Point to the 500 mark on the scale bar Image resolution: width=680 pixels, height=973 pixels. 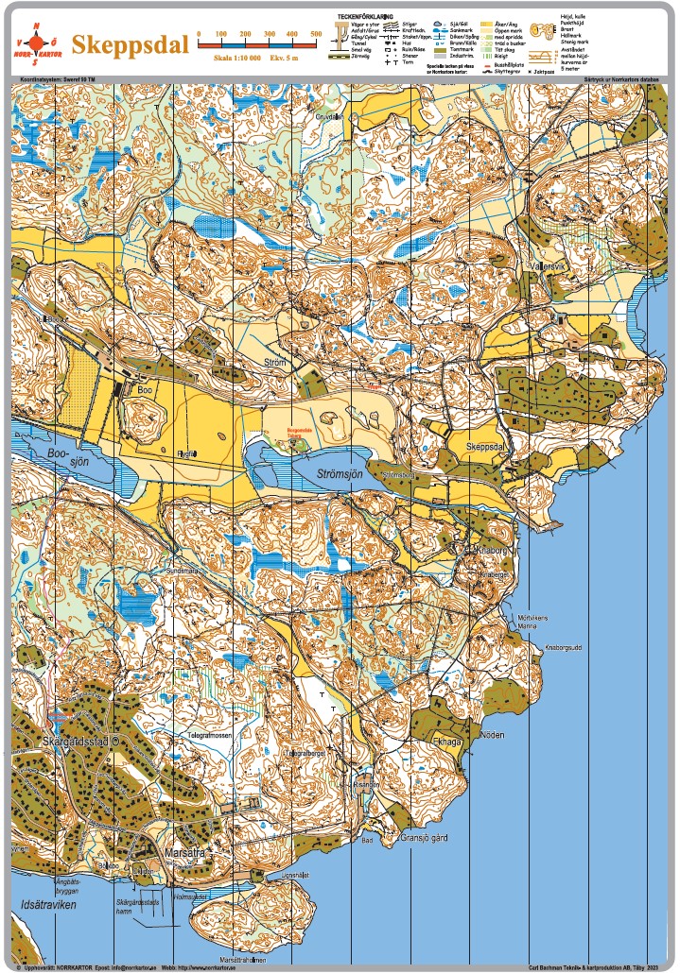(x=316, y=34)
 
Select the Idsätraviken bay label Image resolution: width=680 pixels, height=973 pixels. (x=48, y=905)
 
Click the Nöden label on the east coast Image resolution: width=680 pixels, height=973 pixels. (x=492, y=735)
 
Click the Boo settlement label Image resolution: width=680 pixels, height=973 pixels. (x=145, y=388)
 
